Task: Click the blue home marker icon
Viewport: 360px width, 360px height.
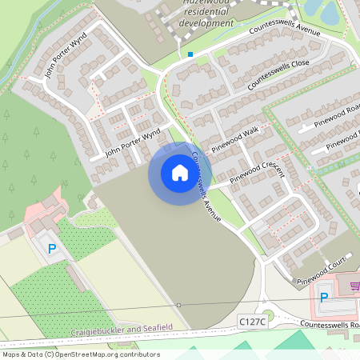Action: pos(179,173)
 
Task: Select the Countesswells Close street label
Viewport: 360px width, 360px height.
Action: pos(278,73)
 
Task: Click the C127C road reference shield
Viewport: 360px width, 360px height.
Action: pos(250,320)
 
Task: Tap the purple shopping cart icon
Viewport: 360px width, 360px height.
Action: pos(354,285)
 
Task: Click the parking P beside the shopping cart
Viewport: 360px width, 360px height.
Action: pos(324,298)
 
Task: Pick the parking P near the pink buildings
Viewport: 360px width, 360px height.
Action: pos(52,250)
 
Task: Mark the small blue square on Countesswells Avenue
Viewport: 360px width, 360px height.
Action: pos(190,54)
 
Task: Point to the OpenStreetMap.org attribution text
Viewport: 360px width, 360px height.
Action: pos(113,354)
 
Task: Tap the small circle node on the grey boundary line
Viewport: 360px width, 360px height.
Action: pos(179,305)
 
